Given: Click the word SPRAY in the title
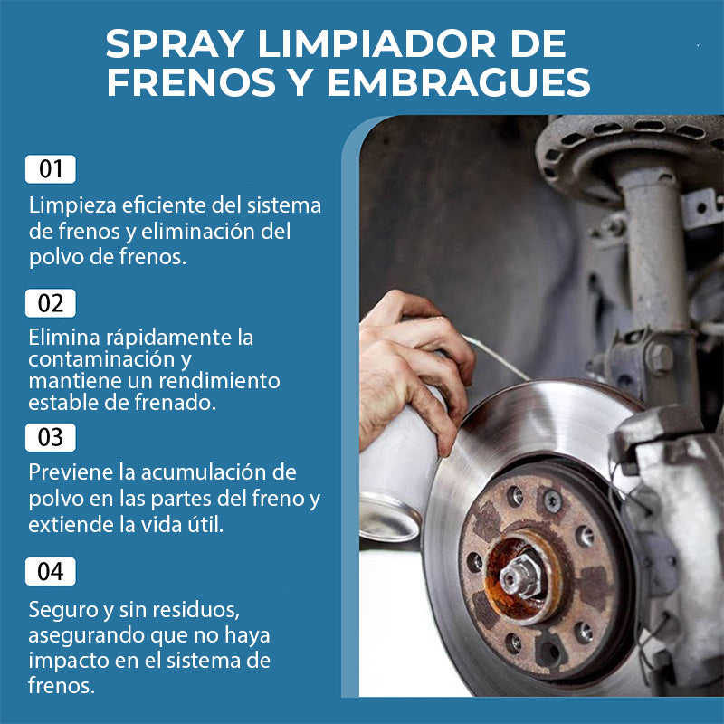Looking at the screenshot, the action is pyautogui.click(x=175, y=44).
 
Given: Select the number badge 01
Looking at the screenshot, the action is pyautogui.click(x=51, y=169).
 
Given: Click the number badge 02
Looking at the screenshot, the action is pyautogui.click(x=51, y=303).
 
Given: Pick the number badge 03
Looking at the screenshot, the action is pyautogui.click(x=51, y=437).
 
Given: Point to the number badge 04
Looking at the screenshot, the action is pyautogui.click(x=51, y=571).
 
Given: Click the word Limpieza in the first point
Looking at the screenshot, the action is pyautogui.click(x=72, y=206).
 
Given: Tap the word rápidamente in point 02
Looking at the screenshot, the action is pyautogui.click(x=169, y=338).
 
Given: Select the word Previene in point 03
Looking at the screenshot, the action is pyautogui.click(x=71, y=472).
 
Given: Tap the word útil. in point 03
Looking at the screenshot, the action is pyautogui.click(x=205, y=525).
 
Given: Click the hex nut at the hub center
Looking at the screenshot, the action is pyautogui.click(x=520, y=576).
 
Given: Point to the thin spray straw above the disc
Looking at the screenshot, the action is pyautogui.click(x=496, y=357).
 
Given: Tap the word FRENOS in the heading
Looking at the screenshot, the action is pyautogui.click(x=191, y=82).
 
